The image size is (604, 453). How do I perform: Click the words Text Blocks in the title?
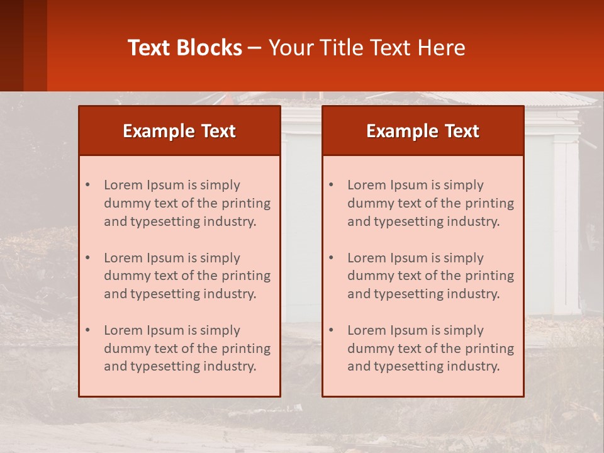pos(185,48)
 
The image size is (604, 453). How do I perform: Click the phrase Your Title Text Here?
pos(367,48)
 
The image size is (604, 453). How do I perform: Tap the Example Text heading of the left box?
pos(179,131)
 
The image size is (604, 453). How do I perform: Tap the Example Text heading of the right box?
pos(423,131)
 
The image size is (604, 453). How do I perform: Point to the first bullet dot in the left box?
pos(87,185)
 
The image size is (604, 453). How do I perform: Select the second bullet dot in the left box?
pos(87,258)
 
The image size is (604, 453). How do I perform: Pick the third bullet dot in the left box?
pos(87,330)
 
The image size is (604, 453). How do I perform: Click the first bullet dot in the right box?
pos(331,185)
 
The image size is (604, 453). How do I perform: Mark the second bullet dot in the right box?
pos(331,258)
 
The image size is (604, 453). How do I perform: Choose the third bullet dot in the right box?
pos(331,330)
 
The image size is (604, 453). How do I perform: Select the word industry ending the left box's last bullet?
pos(232,366)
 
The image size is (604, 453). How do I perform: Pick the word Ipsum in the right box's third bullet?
pos(410,330)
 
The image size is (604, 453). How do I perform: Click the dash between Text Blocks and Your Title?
pos(255,48)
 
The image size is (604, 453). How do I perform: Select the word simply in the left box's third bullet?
pos(220,330)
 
